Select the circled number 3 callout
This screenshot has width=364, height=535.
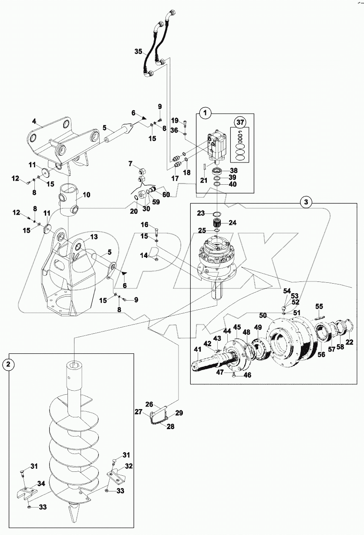click(307, 202)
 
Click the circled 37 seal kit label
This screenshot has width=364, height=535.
click(239, 121)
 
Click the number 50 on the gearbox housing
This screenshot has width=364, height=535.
click(263, 315)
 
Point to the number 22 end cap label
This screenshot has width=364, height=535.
click(350, 342)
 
